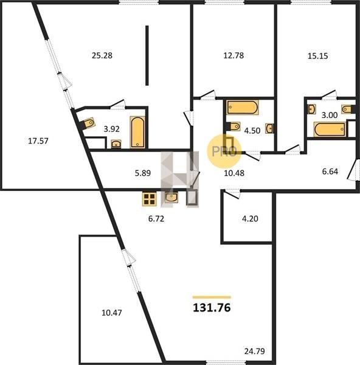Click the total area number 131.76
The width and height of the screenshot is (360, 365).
(212, 307)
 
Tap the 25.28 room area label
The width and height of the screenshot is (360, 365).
(102, 55)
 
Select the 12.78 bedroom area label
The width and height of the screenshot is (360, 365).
(234, 55)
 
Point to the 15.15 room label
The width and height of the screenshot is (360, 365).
(318, 56)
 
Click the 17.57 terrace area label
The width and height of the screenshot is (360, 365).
(38, 141)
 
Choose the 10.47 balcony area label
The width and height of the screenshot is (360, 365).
(112, 313)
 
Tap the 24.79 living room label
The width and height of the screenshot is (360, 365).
(255, 351)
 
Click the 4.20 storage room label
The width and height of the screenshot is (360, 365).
(250, 219)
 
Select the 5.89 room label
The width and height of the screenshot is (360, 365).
(143, 173)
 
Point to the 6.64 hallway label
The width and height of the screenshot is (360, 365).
(330, 172)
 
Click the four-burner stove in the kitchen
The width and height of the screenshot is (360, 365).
(150, 200)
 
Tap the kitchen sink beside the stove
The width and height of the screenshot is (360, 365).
(171, 198)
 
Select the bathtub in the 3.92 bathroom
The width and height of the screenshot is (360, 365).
(137, 132)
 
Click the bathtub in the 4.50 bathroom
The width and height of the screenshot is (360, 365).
(243, 107)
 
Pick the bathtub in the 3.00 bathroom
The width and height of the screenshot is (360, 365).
(330, 129)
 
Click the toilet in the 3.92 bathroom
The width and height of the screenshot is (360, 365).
(89, 123)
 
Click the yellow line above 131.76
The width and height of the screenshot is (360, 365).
(212, 297)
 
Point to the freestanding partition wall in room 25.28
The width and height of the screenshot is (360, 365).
(147, 55)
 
